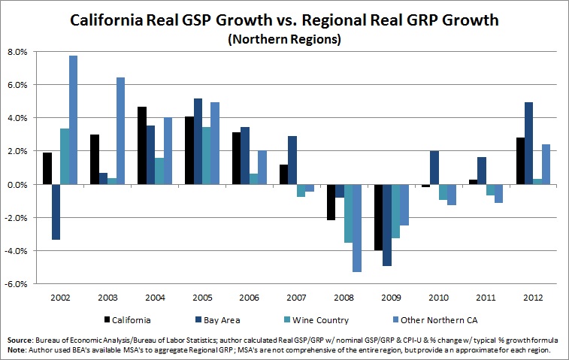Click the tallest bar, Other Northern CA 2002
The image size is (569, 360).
74,120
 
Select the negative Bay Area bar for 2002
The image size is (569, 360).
56,212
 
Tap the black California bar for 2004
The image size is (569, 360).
142,146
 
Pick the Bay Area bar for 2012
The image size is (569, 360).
528,144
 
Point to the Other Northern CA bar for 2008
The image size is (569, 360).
357,228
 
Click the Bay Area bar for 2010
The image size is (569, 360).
434,168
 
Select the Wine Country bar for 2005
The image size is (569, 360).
207,156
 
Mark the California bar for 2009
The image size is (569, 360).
379,217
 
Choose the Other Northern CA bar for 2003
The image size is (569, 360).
120,131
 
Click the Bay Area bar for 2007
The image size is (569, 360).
292,160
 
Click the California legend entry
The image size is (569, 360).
127,320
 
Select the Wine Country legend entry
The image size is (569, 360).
316,320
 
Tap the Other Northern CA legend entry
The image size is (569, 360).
436,320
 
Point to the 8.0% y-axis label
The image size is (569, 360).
17,52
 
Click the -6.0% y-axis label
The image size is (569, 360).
16,284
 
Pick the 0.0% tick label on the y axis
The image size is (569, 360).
17,185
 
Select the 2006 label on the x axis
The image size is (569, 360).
249,298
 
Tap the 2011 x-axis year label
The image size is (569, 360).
486,298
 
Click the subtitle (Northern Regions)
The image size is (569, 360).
284,39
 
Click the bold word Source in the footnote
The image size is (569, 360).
20,340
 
